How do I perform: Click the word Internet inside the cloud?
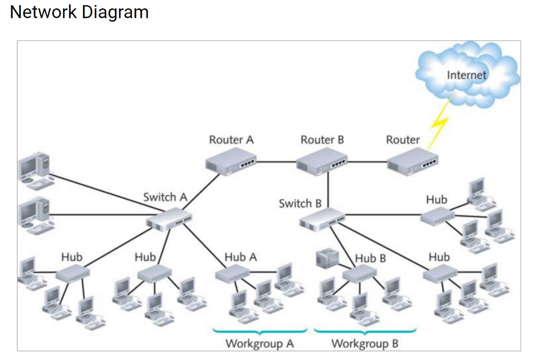466,75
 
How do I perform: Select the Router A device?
230,160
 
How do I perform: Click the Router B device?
321,161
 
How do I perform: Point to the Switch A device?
169,219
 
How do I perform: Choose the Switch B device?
322,219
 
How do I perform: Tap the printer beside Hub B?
328,259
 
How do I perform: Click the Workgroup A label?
259,344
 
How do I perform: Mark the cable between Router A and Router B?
276,162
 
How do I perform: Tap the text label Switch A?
165,197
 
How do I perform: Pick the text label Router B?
322,140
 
